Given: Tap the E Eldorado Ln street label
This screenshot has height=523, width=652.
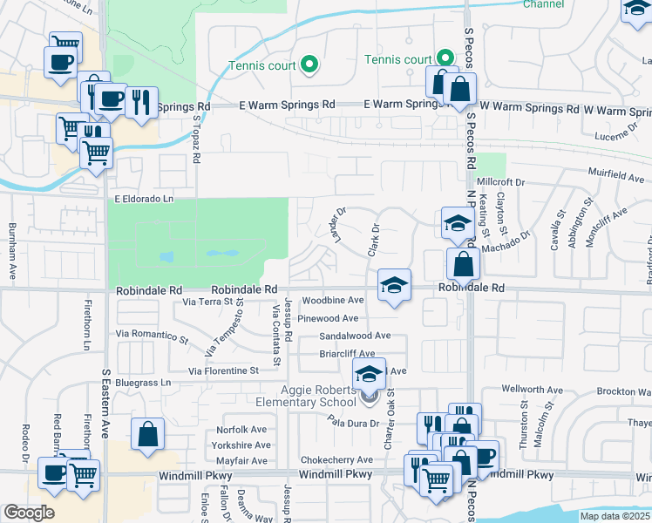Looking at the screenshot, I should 145,199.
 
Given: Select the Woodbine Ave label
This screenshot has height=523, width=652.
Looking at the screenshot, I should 332,300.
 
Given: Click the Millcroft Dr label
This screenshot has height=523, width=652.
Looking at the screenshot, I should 520,182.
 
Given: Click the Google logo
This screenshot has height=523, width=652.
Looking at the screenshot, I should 29,513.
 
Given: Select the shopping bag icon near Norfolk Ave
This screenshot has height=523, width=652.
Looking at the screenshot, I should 148,432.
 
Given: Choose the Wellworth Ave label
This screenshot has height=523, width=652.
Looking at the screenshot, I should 529,389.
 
